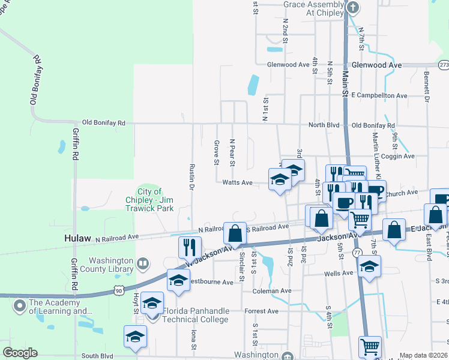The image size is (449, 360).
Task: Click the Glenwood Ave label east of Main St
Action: tap(376, 64)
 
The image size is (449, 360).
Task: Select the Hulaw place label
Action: tap(77, 238)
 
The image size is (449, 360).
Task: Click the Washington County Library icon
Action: tap(143, 263)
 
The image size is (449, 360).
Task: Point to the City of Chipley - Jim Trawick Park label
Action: tap(149, 200)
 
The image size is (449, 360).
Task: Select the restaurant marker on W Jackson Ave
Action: tap(190, 246)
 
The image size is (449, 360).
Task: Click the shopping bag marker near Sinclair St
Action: tap(235, 233)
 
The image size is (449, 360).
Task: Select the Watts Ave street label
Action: tap(237, 182)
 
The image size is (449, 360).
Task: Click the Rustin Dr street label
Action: tap(191, 178)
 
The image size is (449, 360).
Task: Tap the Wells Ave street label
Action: tap(339, 273)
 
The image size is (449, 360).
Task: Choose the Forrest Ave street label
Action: tap(261, 311)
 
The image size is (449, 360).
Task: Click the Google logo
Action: tap(20, 352)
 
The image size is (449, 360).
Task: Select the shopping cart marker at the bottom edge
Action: tap(370, 347)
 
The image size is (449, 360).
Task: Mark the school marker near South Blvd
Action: tap(135, 337)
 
